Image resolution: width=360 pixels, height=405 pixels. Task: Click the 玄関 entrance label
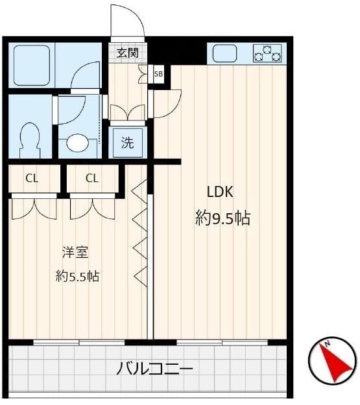[x=128, y=53]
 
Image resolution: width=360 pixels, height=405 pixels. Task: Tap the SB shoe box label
[x=158, y=74]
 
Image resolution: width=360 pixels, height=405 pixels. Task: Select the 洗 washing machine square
[x=128, y=143]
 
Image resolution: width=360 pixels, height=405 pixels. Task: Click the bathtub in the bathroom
[x=32, y=65]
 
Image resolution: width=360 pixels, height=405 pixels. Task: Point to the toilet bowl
[x=30, y=140]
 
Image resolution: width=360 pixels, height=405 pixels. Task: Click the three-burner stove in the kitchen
[x=267, y=54]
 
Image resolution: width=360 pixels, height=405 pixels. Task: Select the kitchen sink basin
[x=224, y=54]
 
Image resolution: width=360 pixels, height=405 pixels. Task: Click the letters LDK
[x=221, y=192]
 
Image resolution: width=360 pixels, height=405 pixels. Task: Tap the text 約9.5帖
[x=222, y=218]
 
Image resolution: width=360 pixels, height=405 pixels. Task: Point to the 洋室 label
[x=75, y=252]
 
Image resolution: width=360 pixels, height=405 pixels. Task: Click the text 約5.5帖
[x=78, y=276]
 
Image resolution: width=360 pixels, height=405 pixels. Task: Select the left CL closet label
[x=32, y=178]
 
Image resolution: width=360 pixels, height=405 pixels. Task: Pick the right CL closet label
[x=92, y=178]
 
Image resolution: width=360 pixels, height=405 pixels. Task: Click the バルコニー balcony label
[x=155, y=368]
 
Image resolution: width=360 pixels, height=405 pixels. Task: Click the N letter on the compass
[x=328, y=344]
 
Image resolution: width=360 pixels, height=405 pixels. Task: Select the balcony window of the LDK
[x=222, y=343]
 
